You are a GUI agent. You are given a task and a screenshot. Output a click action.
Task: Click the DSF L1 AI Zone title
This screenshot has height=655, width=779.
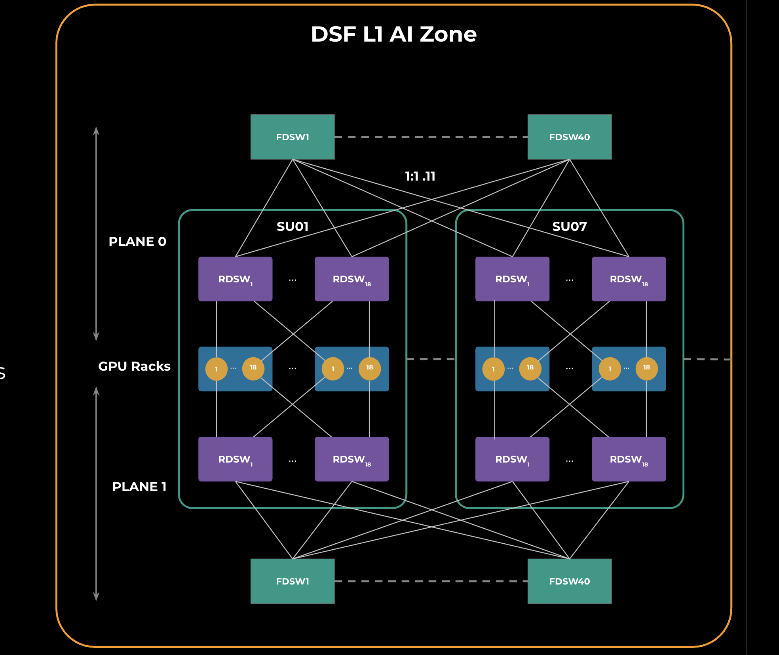(393, 34)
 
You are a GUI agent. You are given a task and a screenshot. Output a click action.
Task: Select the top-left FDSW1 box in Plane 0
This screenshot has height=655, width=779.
(293, 137)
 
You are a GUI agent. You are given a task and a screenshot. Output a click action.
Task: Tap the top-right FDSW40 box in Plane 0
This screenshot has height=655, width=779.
(569, 137)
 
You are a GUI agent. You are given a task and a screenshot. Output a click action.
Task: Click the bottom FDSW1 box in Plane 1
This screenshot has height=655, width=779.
(293, 581)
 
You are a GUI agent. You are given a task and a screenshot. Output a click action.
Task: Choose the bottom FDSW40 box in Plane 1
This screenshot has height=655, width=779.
(569, 581)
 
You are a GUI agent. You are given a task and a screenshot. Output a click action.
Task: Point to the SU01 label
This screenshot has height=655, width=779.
(293, 227)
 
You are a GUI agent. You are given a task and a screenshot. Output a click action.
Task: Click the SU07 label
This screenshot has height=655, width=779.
(569, 227)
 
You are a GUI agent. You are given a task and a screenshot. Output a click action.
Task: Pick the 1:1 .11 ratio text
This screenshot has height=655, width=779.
(420, 176)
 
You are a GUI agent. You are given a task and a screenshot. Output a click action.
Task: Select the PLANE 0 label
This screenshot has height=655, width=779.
(137, 242)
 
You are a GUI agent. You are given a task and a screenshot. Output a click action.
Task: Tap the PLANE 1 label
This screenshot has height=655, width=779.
(139, 487)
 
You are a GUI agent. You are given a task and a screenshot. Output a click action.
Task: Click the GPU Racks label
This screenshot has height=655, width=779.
(134, 366)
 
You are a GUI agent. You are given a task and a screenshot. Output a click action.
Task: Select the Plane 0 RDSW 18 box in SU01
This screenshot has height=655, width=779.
(351, 279)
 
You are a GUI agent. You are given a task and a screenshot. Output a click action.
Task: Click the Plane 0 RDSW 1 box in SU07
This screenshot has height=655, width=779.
(512, 279)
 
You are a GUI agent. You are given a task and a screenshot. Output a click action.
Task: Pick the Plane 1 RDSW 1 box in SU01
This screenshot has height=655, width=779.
(235, 459)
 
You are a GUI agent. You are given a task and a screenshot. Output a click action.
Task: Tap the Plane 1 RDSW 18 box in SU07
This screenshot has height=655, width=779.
(629, 459)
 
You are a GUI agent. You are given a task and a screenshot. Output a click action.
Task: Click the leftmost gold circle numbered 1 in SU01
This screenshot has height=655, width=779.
(217, 369)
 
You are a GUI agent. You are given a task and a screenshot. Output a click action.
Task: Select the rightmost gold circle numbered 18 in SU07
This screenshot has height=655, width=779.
(646, 368)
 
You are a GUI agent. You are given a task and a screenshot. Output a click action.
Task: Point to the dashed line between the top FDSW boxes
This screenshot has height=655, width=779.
(431, 137)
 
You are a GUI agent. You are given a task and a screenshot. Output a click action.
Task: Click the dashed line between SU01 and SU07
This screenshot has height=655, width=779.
(431, 359)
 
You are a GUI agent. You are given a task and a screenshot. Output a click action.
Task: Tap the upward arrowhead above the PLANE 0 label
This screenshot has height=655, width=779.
(96, 130)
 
